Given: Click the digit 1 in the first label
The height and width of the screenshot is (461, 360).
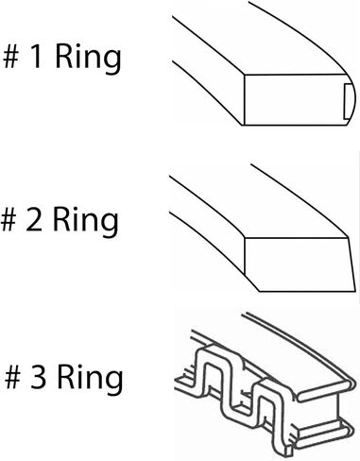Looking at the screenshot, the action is click(x=36, y=57).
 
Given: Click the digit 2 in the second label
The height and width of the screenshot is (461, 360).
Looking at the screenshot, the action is click(x=34, y=220).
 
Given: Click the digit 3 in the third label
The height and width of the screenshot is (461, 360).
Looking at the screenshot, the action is click(x=38, y=377).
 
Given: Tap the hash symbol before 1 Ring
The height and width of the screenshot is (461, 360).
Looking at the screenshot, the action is click(x=11, y=57).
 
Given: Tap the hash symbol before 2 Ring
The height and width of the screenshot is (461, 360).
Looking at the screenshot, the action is click(x=9, y=220).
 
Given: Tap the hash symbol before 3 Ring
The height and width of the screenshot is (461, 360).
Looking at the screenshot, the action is click(x=13, y=377).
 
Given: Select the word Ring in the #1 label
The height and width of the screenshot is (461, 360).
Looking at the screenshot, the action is click(x=88, y=60).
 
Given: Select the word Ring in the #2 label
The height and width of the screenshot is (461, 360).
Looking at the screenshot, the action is click(x=86, y=222).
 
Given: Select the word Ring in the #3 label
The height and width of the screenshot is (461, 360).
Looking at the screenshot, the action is click(x=91, y=380).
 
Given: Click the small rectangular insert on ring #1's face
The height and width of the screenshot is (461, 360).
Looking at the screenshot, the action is click(x=348, y=101).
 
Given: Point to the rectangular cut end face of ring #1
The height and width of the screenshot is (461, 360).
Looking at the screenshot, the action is click(x=296, y=100).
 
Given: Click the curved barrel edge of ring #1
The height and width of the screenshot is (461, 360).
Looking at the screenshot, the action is click(x=352, y=100).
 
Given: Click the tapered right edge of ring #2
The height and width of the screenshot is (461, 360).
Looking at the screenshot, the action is click(x=351, y=264).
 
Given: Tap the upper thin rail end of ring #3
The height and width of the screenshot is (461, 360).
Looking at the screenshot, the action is click(x=325, y=391).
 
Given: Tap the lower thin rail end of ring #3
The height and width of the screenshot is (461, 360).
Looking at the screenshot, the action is click(x=323, y=435).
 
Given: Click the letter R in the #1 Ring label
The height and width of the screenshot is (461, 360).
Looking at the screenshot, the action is click(x=63, y=57).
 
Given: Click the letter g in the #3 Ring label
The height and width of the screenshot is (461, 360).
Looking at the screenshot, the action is click(x=114, y=384).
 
